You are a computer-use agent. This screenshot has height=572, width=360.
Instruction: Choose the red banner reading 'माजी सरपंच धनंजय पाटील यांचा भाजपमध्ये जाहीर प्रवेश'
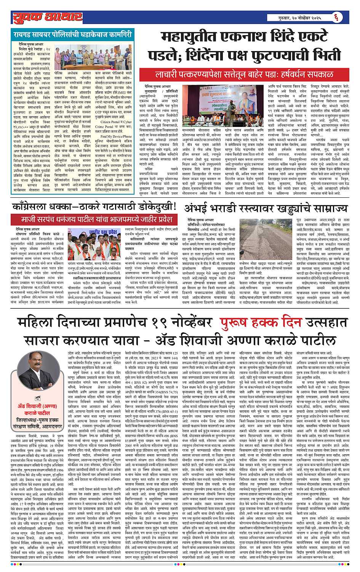(x=94, y=220)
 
